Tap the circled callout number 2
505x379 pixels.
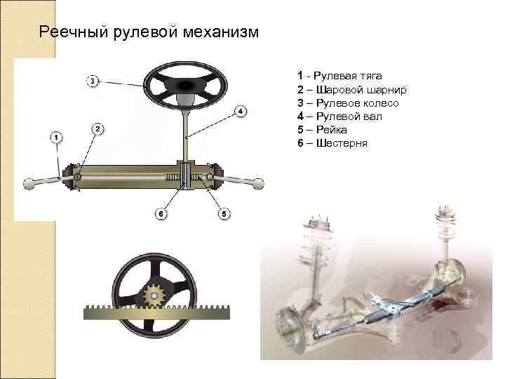point(97,128)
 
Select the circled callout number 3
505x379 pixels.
point(93,81)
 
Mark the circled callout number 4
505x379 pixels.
point(240,111)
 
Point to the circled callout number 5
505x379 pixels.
point(224,213)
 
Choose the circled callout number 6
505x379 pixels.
point(161,213)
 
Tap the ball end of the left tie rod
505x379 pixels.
point(30,184)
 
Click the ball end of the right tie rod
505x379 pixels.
point(259,184)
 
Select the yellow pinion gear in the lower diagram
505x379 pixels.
point(153,295)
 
